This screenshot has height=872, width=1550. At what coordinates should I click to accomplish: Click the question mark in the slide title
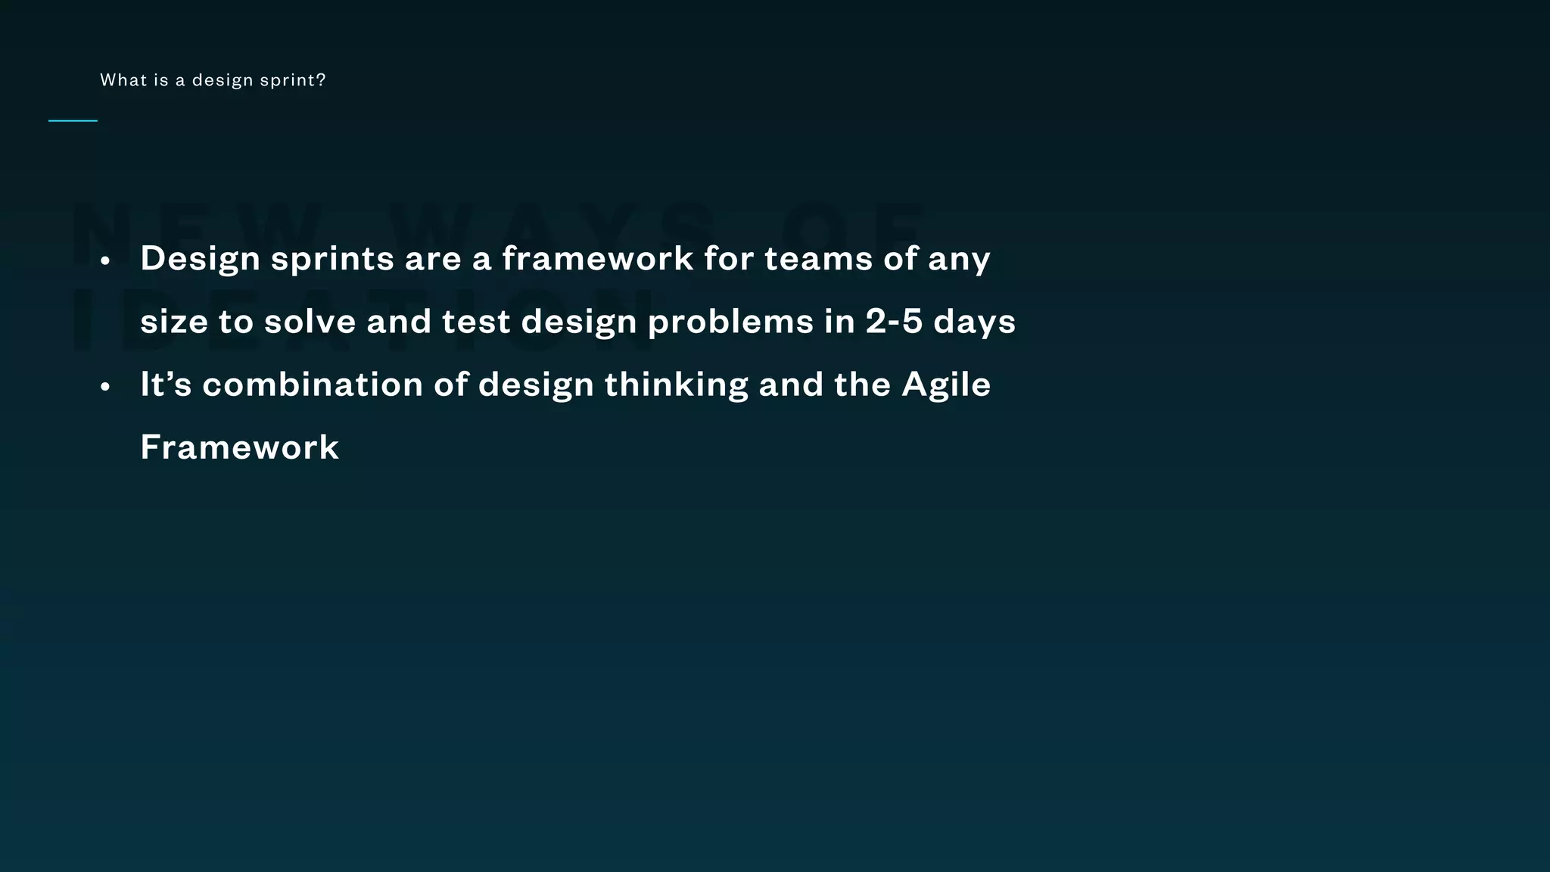pyautogui.click(x=322, y=79)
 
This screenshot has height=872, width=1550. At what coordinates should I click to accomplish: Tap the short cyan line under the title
pyautogui.click(x=73, y=120)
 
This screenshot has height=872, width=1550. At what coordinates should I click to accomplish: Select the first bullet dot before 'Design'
pyautogui.click(x=105, y=261)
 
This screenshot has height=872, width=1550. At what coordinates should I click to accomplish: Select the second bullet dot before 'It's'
pyautogui.click(x=105, y=387)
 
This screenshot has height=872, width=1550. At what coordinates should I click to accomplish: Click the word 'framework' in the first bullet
pyautogui.click(x=597, y=258)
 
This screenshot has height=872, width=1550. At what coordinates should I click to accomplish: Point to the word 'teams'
pyautogui.click(x=818, y=258)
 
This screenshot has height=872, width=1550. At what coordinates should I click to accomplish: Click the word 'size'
pyautogui.click(x=174, y=322)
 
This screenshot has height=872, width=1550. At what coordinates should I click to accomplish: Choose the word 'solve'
pyautogui.click(x=310, y=322)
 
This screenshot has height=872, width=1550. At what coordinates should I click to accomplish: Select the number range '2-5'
pyautogui.click(x=894, y=322)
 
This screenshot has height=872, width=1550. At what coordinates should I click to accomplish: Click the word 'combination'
pyautogui.click(x=313, y=385)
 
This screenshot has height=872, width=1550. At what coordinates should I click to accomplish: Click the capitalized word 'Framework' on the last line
pyautogui.click(x=239, y=447)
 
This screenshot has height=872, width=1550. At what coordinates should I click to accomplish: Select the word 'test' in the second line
pyautogui.click(x=476, y=322)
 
